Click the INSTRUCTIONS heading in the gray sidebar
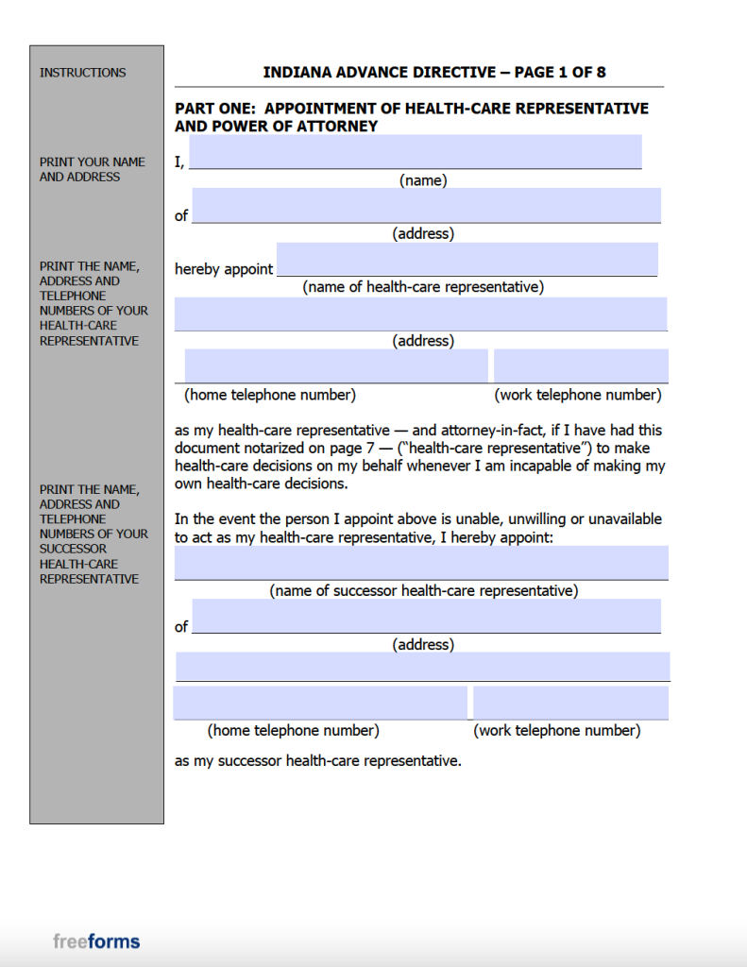[82, 73]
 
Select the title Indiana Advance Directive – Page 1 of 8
[440, 73]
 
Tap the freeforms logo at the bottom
[96, 941]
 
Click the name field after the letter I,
[415, 151]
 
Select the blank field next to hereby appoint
[467, 259]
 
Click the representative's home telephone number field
[335, 365]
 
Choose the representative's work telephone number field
[580, 365]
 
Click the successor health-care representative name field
[421, 562]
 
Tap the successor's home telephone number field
[319, 703]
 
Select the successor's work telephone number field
[570, 703]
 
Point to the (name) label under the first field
[423, 180]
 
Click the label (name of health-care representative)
[423, 287]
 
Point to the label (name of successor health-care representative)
[423, 591]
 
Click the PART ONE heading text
[411, 117]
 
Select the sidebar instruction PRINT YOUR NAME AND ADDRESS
[93, 169]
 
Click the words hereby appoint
[224, 269]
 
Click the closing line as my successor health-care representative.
[317, 760]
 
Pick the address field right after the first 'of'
[426, 205]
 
